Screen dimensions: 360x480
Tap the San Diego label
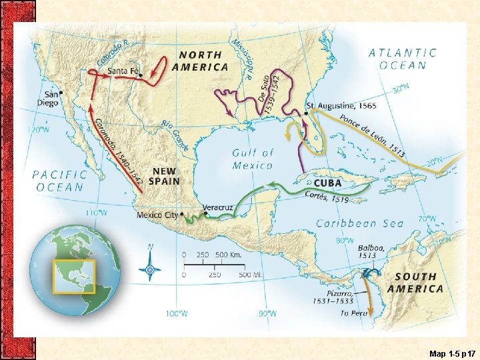[51, 99]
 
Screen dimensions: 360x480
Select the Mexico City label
[158, 215]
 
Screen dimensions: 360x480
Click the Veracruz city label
[217, 207]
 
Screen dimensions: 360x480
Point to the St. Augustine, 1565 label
[341, 106]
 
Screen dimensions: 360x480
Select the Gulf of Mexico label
[253, 159]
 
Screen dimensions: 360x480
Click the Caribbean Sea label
[360, 223]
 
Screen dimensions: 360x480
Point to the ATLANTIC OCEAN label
[403, 59]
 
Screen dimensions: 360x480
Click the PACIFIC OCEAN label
[60, 181]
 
